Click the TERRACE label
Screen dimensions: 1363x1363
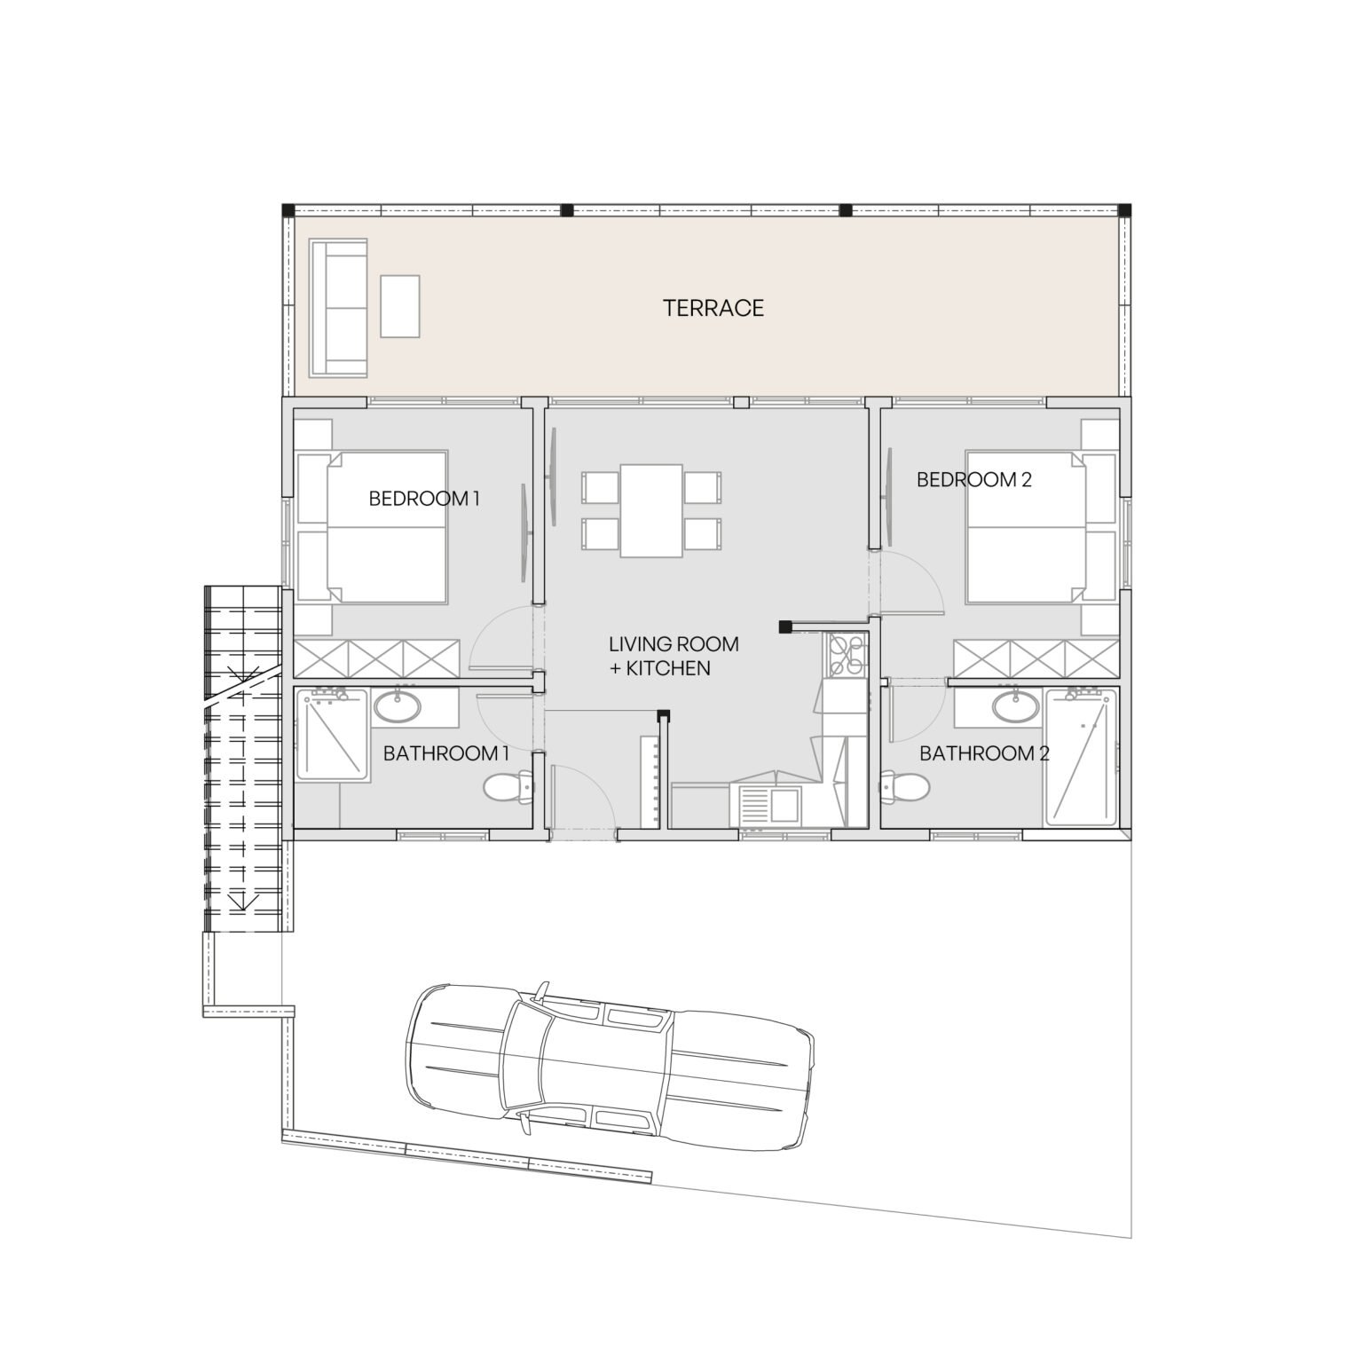click(x=713, y=308)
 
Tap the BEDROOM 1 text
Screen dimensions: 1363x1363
click(x=423, y=499)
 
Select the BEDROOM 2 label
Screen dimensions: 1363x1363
click(x=973, y=480)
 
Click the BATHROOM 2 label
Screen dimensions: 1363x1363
click(x=984, y=754)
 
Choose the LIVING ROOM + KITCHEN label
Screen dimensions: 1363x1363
click(x=673, y=656)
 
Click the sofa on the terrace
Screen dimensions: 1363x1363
click(x=337, y=307)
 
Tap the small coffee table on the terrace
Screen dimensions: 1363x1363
click(x=399, y=306)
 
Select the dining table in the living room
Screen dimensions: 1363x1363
click(x=650, y=510)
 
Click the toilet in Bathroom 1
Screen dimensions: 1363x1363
click(x=508, y=786)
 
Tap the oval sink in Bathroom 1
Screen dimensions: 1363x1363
click(x=398, y=707)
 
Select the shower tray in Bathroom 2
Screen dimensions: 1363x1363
click(x=1081, y=756)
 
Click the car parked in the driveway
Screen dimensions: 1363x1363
click(x=609, y=1061)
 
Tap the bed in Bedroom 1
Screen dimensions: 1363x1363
click(x=386, y=528)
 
